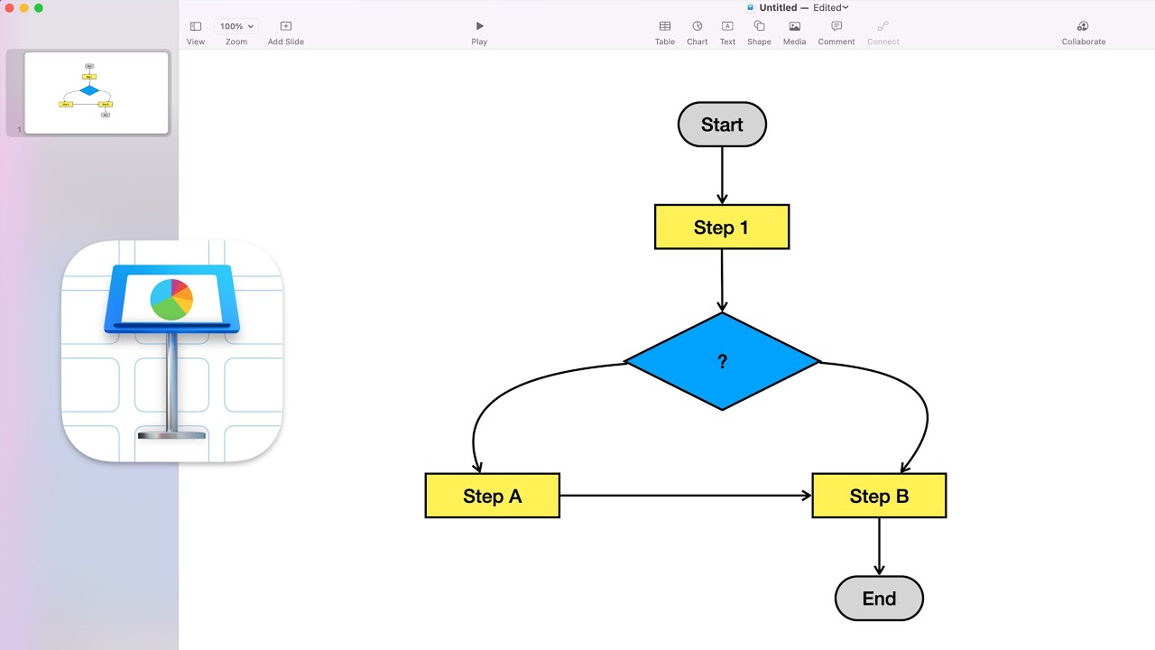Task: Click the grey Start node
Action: (x=722, y=125)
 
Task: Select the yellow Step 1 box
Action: (x=722, y=227)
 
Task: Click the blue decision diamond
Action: (x=722, y=361)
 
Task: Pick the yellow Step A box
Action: (x=492, y=496)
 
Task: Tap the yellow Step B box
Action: (x=879, y=496)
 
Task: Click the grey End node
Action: (x=879, y=599)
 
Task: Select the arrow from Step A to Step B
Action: (x=686, y=496)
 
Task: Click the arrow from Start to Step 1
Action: (x=722, y=175)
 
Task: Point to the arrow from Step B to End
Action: (x=879, y=546)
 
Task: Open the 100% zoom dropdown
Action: (x=236, y=27)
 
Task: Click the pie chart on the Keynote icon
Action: (x=171, y=300)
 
